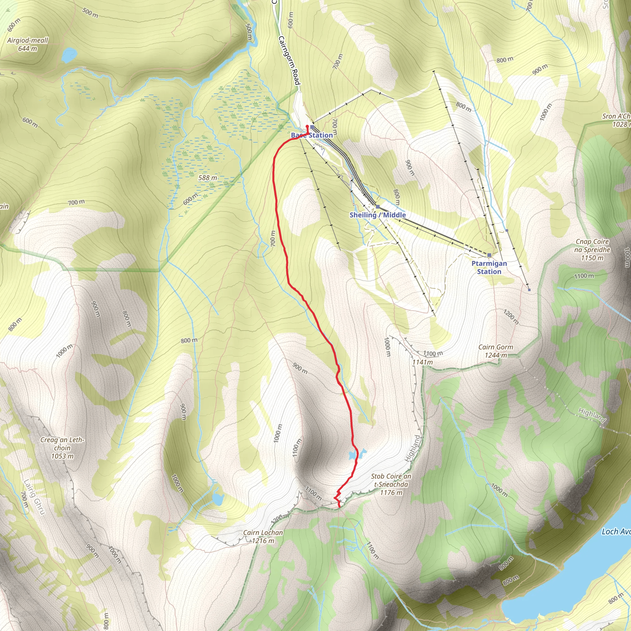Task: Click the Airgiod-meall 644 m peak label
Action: pos(28,44)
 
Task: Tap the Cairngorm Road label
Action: pos(289,60)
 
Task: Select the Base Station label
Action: pos(312,135)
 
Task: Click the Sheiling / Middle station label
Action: pos(377,215)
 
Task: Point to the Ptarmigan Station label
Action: pos(489,267)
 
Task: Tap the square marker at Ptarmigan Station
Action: pos(489,255)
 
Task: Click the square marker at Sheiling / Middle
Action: pos(377,207)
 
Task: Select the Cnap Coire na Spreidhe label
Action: pos(592,250)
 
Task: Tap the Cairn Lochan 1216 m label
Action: pos(263,537)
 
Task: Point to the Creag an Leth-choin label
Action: pos(62,448)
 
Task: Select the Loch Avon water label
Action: pos(616,532)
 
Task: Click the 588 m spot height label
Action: pos(208,178)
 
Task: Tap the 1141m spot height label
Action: pos(422,362)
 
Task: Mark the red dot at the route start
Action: pos(307,126)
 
